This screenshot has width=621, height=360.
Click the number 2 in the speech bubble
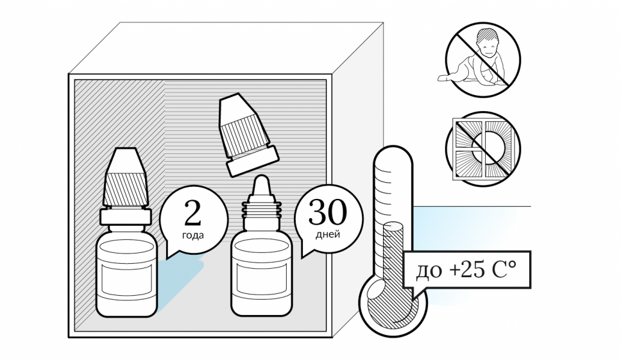193,214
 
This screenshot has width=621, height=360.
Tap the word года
193,235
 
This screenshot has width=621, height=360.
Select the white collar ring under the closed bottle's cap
126,218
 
